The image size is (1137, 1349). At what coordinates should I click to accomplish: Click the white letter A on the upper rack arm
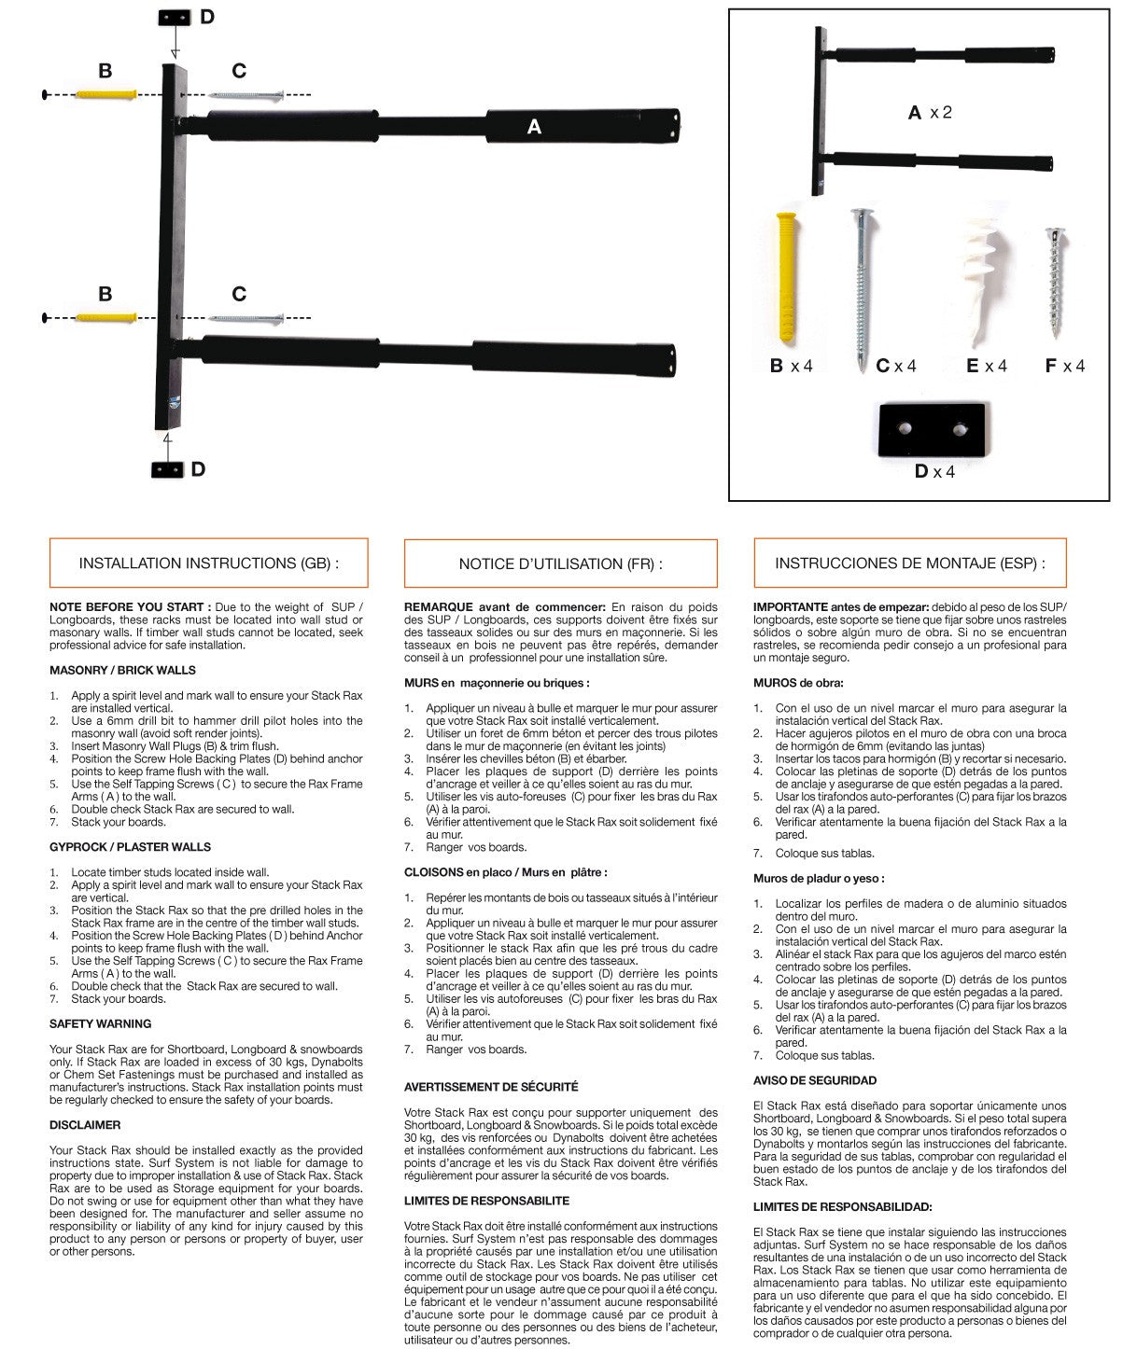534,127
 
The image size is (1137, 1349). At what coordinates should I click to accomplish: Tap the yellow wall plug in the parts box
788,279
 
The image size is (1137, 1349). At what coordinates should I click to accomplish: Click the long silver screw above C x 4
860,288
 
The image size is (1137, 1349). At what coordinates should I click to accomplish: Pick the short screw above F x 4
1056,284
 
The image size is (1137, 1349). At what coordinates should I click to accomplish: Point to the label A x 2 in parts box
930,113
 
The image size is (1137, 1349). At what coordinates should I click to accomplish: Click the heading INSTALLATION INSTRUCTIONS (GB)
208,563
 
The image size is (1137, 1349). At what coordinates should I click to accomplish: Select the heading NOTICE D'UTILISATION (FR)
560,564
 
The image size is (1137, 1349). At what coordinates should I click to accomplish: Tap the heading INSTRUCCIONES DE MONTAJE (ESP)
909,563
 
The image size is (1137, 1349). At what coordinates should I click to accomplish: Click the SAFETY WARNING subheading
100,1024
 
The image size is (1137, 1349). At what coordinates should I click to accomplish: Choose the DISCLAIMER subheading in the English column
85,1125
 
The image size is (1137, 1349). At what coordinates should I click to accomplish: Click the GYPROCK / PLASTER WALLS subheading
130,847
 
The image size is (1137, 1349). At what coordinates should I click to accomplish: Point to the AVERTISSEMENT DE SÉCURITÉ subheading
491,1087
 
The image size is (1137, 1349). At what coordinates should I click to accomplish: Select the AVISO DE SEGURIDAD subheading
815,1080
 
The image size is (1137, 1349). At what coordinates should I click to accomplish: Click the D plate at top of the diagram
175,18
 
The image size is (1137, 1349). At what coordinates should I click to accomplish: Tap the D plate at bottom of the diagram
167,469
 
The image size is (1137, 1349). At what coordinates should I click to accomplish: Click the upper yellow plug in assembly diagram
105,95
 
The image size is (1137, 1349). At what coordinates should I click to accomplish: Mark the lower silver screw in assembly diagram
246,319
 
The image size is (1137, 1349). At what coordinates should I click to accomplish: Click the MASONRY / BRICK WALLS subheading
122,670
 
